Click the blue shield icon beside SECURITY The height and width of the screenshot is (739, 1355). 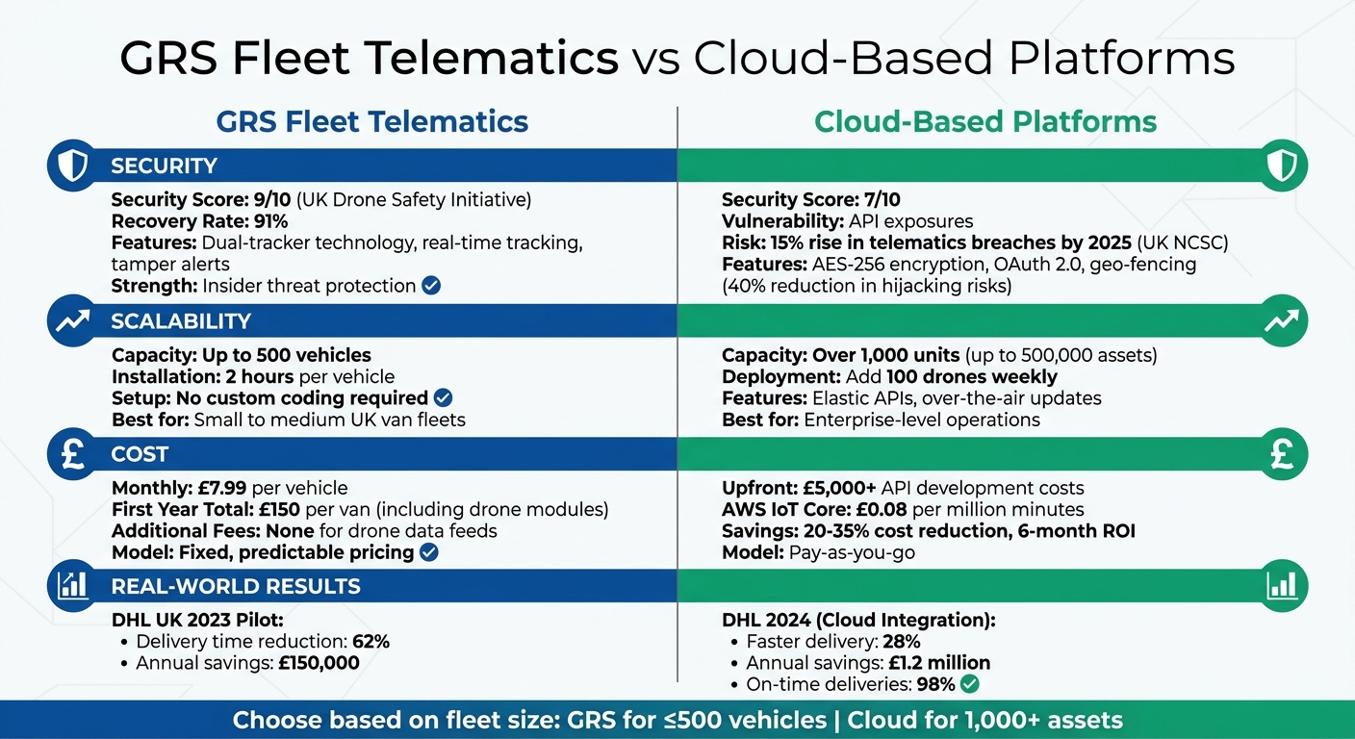click(x=72, y=166)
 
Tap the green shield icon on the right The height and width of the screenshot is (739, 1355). click(x=1282, y=166)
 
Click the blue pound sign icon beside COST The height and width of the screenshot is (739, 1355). click(x=72, y=453)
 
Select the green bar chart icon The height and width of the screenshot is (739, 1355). click(x=1282, y=585)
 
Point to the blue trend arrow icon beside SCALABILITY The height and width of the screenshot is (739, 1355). click(x=72, y=321)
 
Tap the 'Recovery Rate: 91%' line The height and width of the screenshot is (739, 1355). click(x=199, y=221)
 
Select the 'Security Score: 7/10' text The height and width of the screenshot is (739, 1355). click(x=810, y=200)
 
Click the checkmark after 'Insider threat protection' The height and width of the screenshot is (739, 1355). click(x=431, y=286)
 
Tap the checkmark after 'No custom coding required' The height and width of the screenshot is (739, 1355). click(x=443, y=398)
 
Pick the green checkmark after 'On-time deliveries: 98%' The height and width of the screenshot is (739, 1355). click(x=969, y=684)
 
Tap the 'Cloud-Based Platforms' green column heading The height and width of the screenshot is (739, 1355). click(x=985, y=122)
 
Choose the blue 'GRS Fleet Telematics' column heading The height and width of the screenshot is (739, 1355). click(x=372, y=122)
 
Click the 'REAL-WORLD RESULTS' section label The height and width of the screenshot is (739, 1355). click(x=235, y=586)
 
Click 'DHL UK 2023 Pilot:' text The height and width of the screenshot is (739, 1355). click(x=196, y=621)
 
